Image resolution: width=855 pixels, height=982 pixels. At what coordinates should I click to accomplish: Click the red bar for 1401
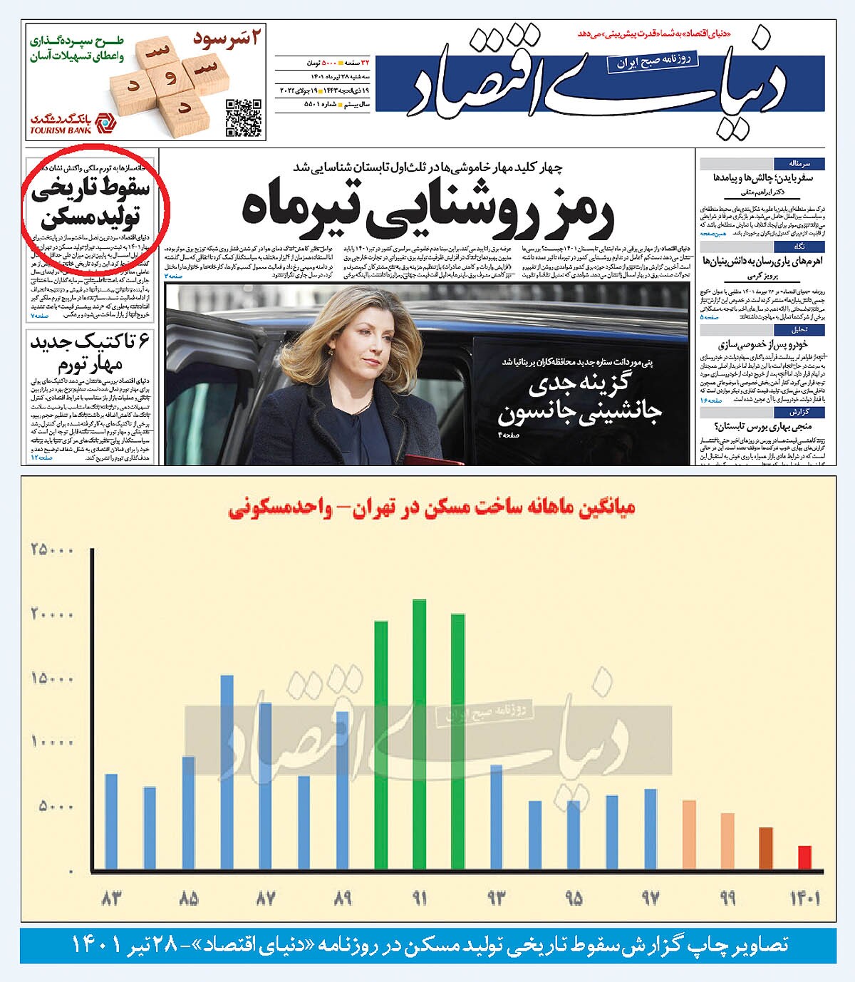click(804, 857)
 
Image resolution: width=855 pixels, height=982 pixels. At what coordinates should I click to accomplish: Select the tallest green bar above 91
click(419, 734)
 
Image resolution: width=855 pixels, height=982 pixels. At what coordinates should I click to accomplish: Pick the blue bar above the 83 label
click(111, 822)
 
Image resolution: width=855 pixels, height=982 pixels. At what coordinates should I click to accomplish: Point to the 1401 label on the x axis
click(804, 898)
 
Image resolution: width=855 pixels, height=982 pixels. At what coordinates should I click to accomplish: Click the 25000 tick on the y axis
click(52, 549)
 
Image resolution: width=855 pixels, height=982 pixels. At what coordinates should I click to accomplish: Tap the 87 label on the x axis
click(265, 898)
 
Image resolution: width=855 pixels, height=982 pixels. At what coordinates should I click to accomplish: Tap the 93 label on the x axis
click(496, 898)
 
